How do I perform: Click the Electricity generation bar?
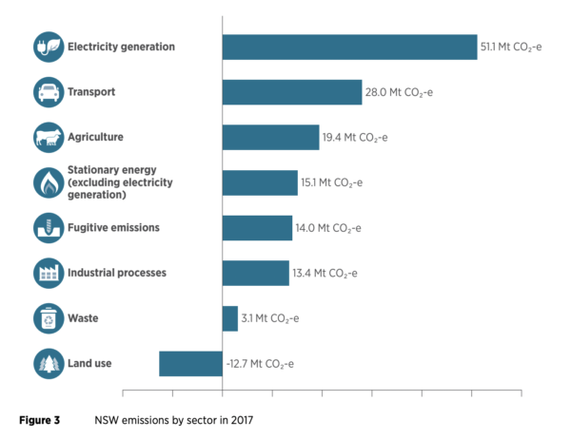pos(349,47)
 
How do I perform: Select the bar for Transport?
pos(291,92)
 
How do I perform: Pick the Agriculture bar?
pos(270,137)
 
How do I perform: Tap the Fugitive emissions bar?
pos(257,228)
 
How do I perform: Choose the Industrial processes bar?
pos(255,273)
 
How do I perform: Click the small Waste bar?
pos(229,318)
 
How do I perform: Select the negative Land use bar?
pos(190,363)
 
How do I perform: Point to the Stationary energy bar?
pos(259,182)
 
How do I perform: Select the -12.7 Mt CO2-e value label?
pos(260,363)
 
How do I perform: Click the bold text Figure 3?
pos(40,418)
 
